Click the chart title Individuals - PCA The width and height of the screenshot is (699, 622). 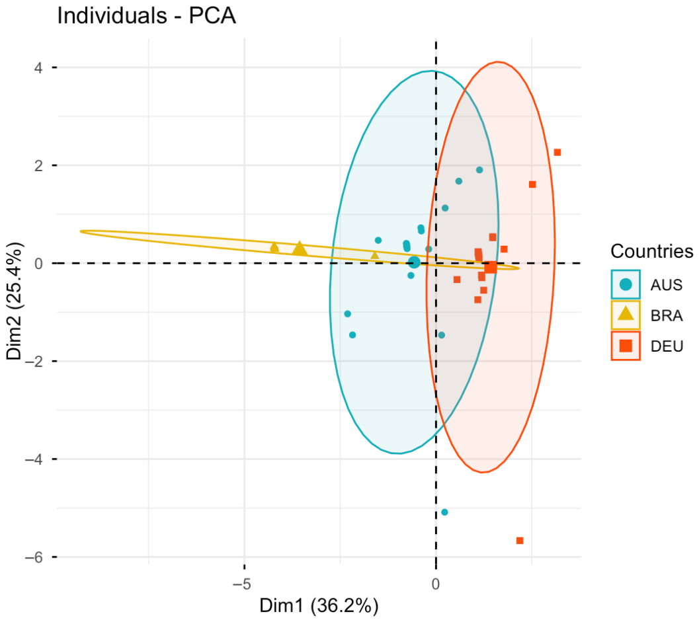tap(146, 16)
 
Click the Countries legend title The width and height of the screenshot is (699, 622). tap(652, 251)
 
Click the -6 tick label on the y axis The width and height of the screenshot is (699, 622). tap(34, 557)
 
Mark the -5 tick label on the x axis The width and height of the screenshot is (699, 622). tap(243, 584)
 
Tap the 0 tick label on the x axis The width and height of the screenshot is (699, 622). tap(436, 584)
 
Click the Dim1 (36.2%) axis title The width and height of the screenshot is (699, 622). tap(319, 606)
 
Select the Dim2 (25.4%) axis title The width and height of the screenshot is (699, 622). tap(15, 301)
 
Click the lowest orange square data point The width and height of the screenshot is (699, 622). tap(520, 541)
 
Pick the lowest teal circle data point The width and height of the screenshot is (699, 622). tap(444, 512)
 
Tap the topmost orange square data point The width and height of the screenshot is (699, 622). tap(557, 153)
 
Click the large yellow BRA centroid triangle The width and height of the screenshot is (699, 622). tap(300, 249)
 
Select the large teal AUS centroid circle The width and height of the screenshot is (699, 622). tap(415, 262)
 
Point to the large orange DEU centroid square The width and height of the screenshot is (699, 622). tap(491, 267)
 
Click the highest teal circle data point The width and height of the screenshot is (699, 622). tap(479, 170)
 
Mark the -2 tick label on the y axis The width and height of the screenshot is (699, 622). tap(34, 362)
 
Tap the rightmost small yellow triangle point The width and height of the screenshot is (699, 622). tap(375, 255)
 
